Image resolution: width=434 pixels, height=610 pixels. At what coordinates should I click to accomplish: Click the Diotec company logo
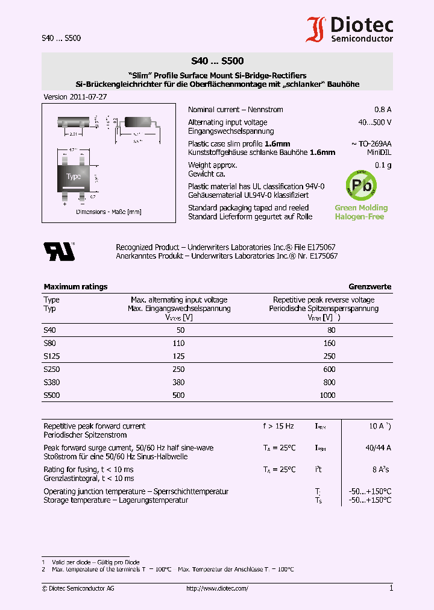point(350,29)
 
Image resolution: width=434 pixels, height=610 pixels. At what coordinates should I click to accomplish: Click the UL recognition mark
point(58,251)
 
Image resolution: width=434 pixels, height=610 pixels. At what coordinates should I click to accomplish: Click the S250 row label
point(52,369)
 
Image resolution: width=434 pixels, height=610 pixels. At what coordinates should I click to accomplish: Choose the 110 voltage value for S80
point(179,342)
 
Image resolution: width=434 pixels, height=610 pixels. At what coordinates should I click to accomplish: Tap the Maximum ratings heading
point(75,287)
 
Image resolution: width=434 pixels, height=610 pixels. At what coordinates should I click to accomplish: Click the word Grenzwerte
point(370,287)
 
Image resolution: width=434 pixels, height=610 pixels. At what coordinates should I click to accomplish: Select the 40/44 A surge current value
point(379,448)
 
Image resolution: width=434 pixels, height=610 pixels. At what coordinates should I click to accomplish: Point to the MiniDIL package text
point(379,152)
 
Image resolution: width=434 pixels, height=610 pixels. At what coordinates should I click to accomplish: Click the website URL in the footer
point(217,588)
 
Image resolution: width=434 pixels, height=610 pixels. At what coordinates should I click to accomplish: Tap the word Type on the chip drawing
point(74,177)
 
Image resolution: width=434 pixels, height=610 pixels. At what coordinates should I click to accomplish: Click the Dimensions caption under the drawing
point(108,212)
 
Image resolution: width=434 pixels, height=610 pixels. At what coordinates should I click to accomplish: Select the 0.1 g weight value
point(383,165)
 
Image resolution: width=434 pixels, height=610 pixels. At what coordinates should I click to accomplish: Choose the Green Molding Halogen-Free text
point(361,212)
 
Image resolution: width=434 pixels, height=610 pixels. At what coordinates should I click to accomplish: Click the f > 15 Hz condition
point(278,426)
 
